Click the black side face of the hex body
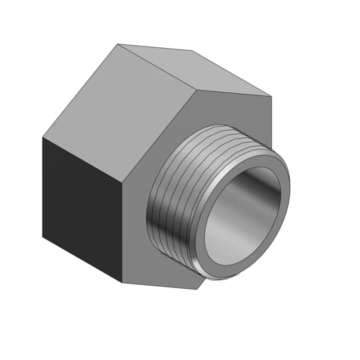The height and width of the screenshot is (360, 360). [x=80, y=207]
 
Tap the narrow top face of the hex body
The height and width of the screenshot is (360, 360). [x=200, y=70]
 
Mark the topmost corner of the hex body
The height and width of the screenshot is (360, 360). [x=118, y=44]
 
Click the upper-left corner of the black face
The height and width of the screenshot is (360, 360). [x=43, y=137]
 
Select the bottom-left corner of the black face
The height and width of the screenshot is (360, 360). [x=43, y=237]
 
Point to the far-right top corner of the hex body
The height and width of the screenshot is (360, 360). [x=271, y=96]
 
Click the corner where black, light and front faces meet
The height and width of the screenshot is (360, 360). [x=123, y=182]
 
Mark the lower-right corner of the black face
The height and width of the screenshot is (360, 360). [x=122, y=282]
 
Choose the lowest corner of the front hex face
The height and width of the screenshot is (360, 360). [x=197, y=289]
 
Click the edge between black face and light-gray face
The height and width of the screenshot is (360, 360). [x=83, y=160]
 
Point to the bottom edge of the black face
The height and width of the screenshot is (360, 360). [x=82, y=259]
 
